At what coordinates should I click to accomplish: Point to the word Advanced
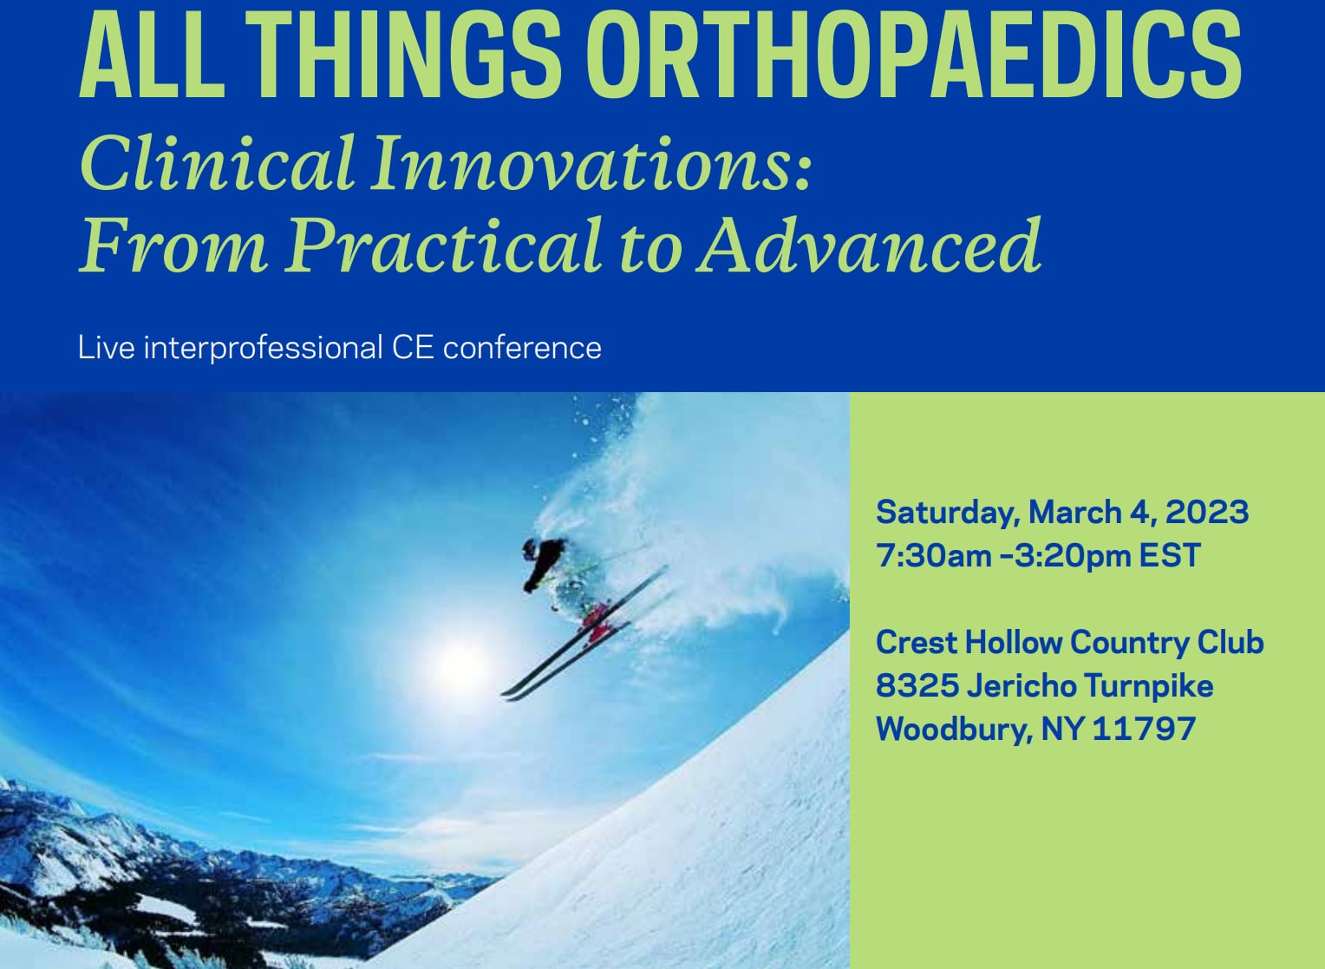point(869,245)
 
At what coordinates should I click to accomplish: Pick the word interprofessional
point(263,348)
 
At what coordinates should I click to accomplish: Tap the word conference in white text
point(522,348)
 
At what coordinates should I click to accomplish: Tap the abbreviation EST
point(1170,556)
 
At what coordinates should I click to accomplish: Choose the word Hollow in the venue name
point(1014,642)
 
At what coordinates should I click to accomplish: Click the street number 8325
point(917,685)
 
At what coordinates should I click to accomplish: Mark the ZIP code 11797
point(1144,729)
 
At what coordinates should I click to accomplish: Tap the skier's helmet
point(530,549)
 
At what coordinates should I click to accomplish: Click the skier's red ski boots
point(597,621)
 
